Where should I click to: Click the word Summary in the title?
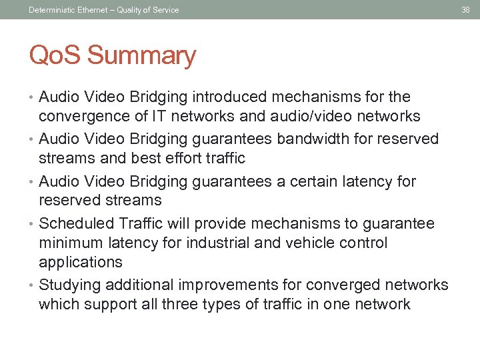point(141,55)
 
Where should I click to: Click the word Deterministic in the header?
point(51,9)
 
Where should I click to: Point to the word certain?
point(305,181)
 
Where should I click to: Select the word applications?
point(80,263)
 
